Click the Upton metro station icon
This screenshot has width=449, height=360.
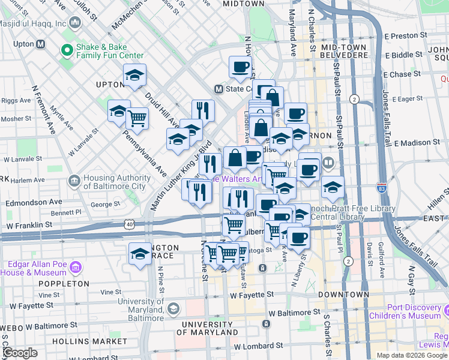click(41, 44)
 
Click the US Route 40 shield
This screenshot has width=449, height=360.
click(130, 224)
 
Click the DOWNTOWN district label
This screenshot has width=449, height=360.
click(343, 295)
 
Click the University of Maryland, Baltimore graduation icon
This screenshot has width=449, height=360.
click(173, 308)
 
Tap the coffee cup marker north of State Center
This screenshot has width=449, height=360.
click(240, 67)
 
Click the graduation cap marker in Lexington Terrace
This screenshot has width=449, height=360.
click(140, 253)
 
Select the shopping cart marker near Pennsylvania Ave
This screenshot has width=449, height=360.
click(138, 118)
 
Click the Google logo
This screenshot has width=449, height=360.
click(20, 353)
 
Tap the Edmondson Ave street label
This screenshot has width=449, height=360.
click(34, 202)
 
